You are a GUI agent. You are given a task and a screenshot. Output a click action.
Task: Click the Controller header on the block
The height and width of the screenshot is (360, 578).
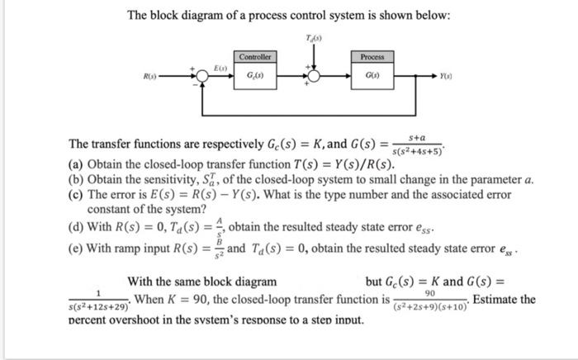click(x=253, y=57)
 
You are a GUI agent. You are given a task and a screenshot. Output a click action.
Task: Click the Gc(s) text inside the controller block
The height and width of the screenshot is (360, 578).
click(x=253, y=76)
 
